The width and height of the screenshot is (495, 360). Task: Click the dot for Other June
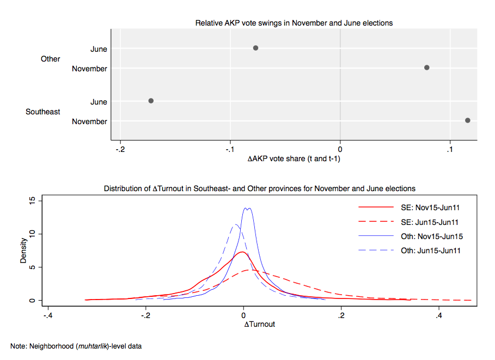pyautogui.click(x=255, y=48)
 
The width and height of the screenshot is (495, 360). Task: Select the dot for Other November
pyautogui.click(x=427, y=68)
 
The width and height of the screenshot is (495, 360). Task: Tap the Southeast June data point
pyautogui.click(x=151, y=101)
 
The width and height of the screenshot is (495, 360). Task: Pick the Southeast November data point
pyautogui.click(x=468, y=120)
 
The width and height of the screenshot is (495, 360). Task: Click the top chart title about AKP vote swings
pyautogui.click(x=294, y=23)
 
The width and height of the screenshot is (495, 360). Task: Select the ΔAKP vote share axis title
pyautogui.click(x=294, y=158)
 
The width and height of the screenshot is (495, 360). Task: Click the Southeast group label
pyautogui.click(x=43, y=112)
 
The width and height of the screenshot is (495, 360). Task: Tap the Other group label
pyautogui.click(x=51, y=59)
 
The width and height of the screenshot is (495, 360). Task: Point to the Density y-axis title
pyautogui.click(x=23, y=251)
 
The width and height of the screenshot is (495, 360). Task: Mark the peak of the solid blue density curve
pyautogui.click(x=247, y=208)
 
